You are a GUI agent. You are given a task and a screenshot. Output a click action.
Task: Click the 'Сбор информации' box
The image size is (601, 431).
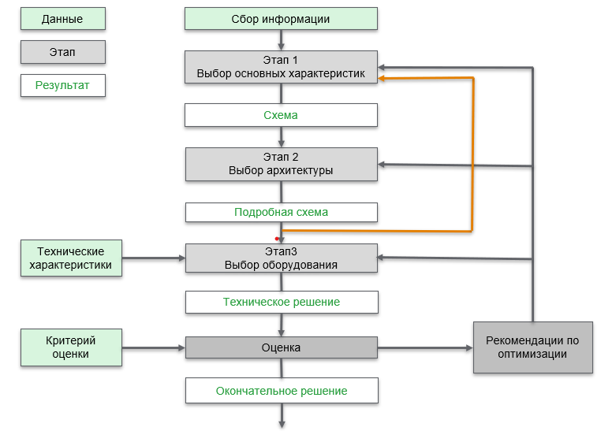click(281, 19)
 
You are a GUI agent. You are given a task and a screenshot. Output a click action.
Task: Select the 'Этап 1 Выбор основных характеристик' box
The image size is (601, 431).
click(281, 67)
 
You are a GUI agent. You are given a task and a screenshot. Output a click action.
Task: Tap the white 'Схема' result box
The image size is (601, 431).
click(281, 115)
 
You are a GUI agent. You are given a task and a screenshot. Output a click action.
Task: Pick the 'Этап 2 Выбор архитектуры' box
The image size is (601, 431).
click(281, 163)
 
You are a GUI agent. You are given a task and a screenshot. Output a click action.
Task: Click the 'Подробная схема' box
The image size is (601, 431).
click(281, 212)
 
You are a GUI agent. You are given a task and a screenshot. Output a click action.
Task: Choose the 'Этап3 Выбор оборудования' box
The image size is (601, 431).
click(281, 258)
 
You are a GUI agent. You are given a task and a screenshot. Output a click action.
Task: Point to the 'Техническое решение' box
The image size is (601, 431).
click(281, 302)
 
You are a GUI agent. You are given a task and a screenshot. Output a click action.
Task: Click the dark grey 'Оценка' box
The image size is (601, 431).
click(281, 347)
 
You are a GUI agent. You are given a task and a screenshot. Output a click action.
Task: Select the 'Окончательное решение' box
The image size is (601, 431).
click(281, 391)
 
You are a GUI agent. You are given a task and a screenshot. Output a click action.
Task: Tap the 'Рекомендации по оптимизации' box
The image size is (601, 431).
click(532, 347)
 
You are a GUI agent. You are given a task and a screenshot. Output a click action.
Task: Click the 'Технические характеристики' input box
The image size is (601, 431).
click(71, 258)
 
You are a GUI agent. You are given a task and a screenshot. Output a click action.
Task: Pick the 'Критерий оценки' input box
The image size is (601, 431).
click(71, 347)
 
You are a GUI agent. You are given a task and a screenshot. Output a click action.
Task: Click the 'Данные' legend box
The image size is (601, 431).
click(62, 19)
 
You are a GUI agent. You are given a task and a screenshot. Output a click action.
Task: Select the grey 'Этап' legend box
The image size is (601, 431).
click(62, 52)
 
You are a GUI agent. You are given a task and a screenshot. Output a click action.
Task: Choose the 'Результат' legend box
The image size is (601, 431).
click(62, 85)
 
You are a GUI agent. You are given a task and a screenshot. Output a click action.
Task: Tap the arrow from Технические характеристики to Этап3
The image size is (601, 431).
click(154, 258)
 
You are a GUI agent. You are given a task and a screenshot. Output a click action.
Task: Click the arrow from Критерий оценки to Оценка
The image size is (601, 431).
click(154, 347)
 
